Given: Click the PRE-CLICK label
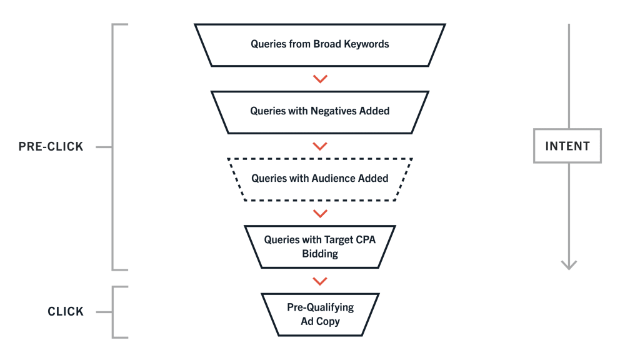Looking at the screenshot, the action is point(51,146).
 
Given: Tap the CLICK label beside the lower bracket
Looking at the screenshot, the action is point(65,312).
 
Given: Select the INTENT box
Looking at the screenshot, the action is point(567,146).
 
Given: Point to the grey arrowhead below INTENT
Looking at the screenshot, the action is point(569,264).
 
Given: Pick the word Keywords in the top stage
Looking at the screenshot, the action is point(366,44).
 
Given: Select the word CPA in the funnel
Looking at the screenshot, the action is point(366,240).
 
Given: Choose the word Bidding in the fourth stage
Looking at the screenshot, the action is point(320,254).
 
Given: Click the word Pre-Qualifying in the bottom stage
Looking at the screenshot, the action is point(321,307).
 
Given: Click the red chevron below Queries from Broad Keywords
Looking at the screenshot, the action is point(320,79).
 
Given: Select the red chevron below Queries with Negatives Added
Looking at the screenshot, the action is point(320,146).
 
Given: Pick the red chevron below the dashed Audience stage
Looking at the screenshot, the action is point(320,214).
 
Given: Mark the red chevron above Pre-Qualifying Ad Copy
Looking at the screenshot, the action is point(320,281).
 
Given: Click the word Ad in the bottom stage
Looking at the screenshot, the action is point(307,322).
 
